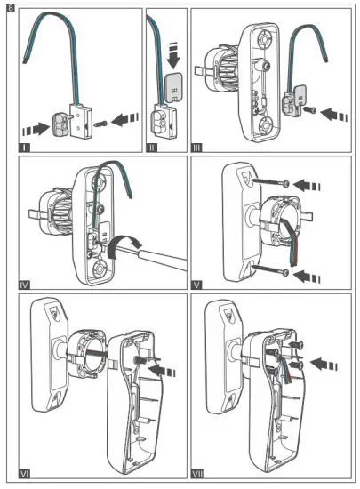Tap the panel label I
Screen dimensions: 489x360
point(26,140)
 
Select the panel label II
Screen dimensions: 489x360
point(152,140)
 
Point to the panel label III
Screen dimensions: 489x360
point(198,140)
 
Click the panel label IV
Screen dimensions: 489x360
point(26,285)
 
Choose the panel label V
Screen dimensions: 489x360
point(198,285)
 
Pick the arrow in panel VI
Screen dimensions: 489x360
point(156,363)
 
